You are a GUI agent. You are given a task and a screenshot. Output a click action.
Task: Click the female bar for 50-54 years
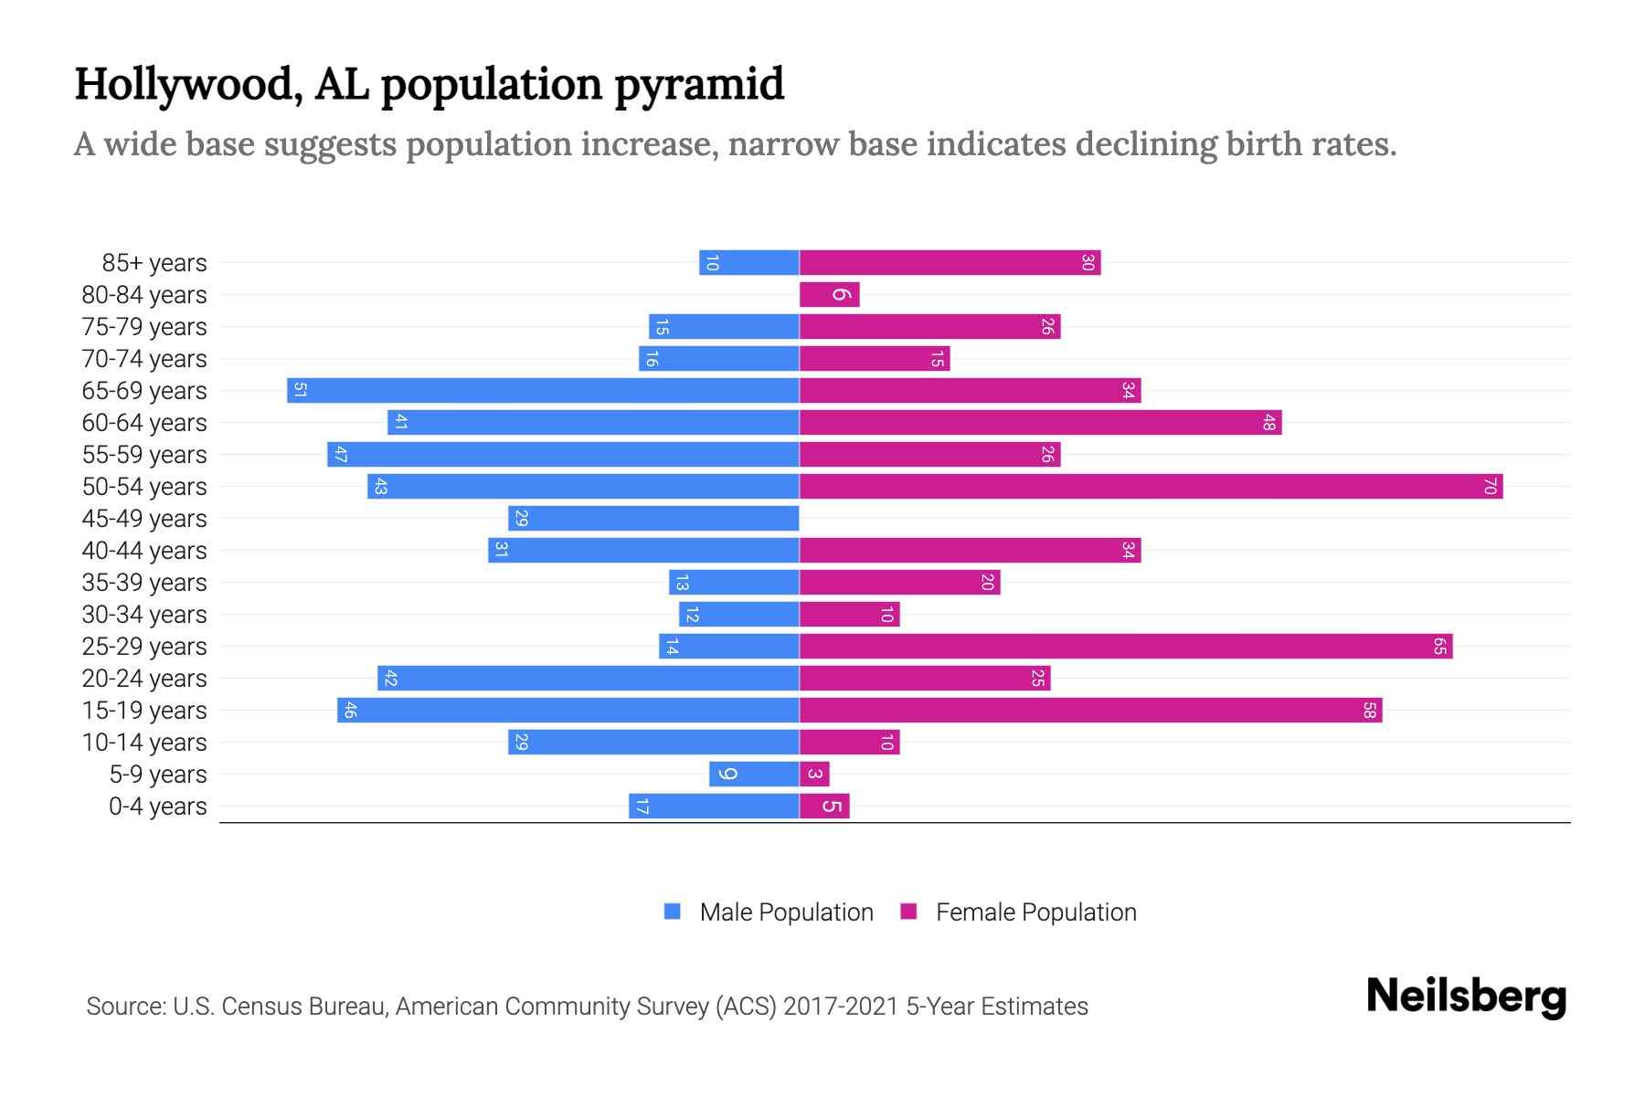point(1151,486)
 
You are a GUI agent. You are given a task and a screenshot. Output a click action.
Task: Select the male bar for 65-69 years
point(543,390)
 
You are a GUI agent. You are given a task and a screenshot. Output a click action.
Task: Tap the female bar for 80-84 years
point(829,294)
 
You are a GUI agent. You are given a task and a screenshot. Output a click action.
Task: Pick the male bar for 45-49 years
point(653,518)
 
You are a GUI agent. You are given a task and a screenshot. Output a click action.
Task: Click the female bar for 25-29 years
point(1126,646)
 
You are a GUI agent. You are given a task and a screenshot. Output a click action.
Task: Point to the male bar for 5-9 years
point(754,774)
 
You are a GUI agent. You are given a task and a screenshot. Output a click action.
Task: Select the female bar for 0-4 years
point(824,806)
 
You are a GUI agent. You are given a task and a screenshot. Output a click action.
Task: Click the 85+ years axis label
point(154,263)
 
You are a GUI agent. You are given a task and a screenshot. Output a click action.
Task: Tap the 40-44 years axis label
point(144,551)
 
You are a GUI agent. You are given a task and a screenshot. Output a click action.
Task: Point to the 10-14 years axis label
point(144,743)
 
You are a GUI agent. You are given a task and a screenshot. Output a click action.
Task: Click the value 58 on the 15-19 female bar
point(1369,710)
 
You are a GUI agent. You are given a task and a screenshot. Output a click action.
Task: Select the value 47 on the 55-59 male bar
point(340,454)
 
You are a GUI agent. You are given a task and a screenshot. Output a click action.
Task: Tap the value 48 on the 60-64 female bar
point(1268,422)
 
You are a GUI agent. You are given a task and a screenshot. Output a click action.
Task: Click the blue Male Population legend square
point(673,912)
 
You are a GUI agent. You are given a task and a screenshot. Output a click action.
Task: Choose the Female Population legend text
point(1035,912)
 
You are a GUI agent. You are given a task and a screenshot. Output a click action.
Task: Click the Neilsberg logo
point(1466,996)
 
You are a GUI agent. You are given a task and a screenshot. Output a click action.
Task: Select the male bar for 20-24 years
point(589,678)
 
